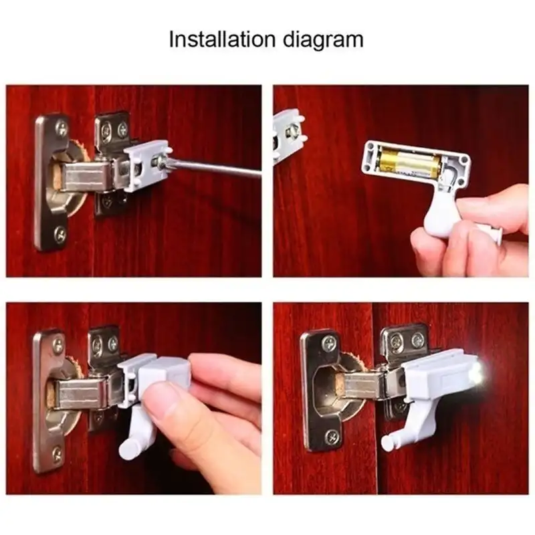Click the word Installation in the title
[x=222, y=39]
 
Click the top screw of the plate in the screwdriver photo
[x=62, y=128]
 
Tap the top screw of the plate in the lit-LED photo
[x=329, y=342]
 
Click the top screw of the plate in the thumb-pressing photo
[x=58, y=345]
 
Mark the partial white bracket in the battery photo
[x=288, y=136]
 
